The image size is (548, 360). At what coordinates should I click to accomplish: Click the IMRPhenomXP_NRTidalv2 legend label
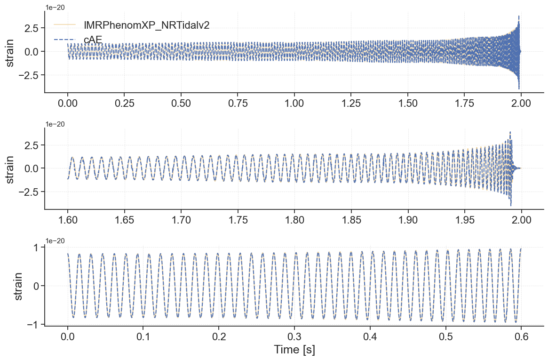(146, 25)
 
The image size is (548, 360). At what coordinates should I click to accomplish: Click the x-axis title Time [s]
(294, 350)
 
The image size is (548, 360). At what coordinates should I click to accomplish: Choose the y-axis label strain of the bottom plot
(18, 285)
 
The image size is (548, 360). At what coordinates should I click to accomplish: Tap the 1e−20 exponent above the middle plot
(55, 124)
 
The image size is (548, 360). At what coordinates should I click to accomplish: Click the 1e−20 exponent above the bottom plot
(55, 241)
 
